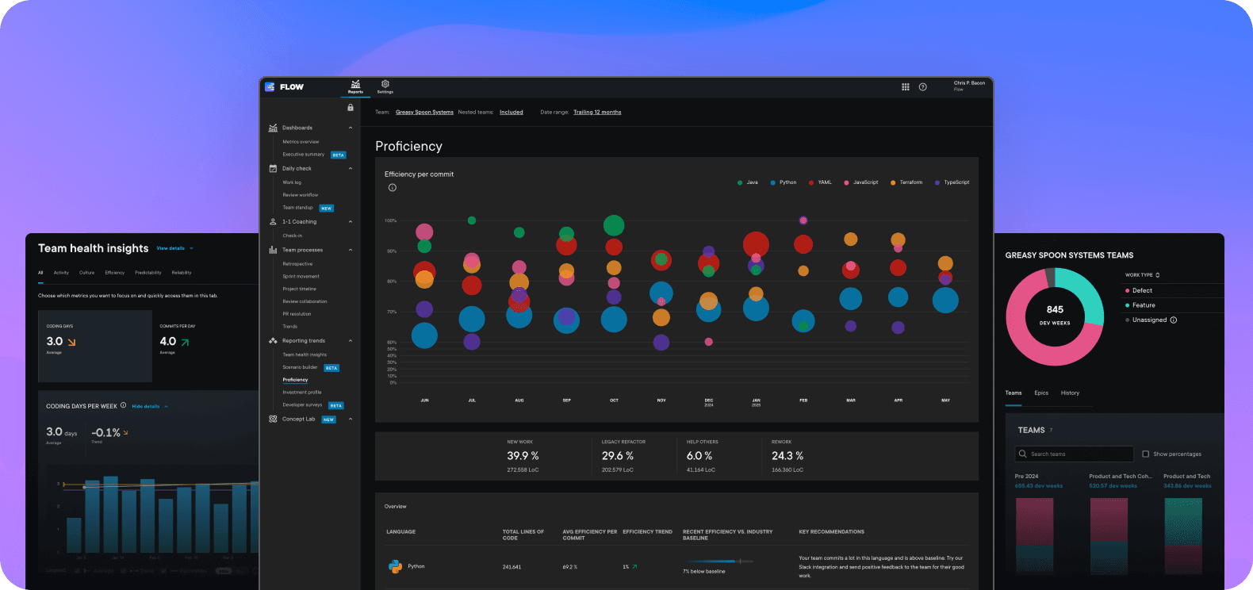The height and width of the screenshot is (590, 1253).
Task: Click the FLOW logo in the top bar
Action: [x=285, y=87]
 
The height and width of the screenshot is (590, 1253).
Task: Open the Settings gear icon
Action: [x=385, y=84]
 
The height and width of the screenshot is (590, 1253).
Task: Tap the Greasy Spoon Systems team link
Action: [x=424, y=113]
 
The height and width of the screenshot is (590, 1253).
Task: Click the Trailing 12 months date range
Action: [x=597, y=113]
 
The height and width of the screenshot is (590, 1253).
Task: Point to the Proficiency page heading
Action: [x=408, y=146]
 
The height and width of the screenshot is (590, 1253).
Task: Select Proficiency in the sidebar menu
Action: [x=295, y=380]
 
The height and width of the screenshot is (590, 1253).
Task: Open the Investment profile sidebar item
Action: [x=301, y=393]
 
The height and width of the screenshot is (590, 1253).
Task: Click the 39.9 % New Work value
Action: [x=523, y=456]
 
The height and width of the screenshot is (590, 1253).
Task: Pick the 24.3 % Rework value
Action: [x=787, y=456]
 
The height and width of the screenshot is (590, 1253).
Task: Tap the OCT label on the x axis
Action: [x=614, y=400]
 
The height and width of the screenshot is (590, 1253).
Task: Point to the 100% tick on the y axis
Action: [x=390, y=220]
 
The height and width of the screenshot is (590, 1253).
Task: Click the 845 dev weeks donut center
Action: [x=1055, y=315]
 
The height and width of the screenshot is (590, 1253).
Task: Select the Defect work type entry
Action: [x=1142, y=290]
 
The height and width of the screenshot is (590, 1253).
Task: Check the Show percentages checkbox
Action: [x=1145, y=454]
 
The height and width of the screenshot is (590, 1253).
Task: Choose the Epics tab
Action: [x=1041, y=393]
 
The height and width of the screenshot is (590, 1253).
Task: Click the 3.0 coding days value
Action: [x=54, y=342]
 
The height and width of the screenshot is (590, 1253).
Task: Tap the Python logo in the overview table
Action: [x=395, y=566]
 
